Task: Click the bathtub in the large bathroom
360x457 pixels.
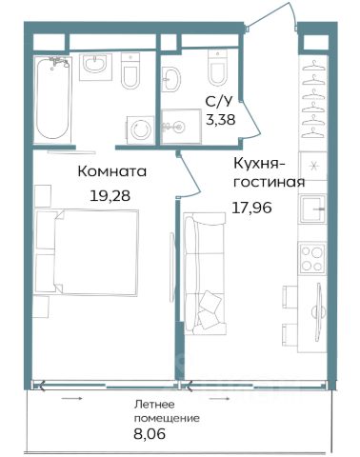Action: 51,98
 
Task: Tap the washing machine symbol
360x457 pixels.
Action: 141,129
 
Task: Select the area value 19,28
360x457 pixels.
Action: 110,196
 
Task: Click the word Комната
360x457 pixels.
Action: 112,171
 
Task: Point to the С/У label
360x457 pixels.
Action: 219,102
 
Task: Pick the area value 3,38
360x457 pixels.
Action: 221,120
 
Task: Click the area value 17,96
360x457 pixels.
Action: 252,208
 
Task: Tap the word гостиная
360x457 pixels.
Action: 270,182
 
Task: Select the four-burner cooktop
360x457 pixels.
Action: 311,258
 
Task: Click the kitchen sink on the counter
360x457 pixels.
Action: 312,209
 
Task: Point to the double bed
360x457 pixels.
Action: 88,252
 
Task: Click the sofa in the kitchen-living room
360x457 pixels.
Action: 205,273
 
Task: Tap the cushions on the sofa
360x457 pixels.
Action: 209,309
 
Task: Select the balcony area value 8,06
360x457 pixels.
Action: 150,434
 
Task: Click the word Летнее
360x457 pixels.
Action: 154,405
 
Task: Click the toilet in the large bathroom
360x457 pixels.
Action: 130,70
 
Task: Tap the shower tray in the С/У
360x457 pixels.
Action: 181,127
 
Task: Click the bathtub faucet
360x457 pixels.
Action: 59,62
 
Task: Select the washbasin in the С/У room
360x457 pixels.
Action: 170,79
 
